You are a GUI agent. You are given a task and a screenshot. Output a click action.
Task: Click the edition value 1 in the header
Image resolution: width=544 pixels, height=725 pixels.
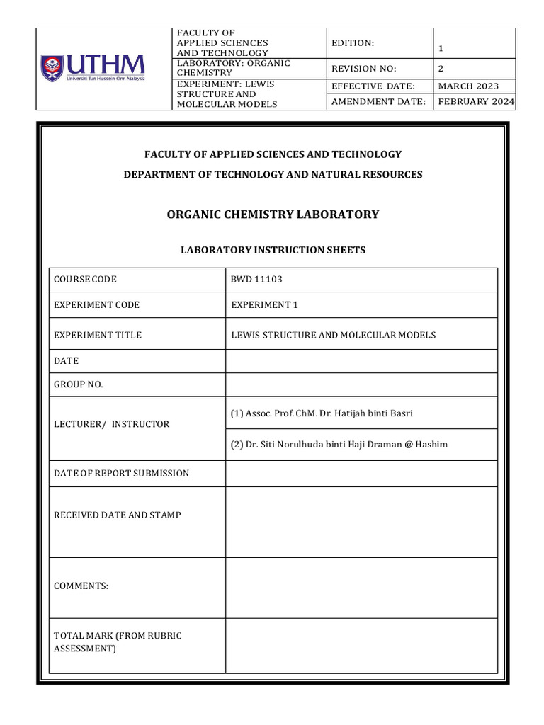tap(441, 49)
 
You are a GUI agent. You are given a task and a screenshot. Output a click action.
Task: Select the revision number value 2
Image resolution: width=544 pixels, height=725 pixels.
tap(441, 69)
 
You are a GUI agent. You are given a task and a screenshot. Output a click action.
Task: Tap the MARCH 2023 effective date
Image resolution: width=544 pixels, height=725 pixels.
tap(468, 86)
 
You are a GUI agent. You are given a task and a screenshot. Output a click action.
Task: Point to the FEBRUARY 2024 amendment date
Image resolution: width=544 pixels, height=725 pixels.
tap(476, 101)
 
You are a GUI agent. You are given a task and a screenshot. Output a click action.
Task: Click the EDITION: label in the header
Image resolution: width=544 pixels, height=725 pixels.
tap(353, 43)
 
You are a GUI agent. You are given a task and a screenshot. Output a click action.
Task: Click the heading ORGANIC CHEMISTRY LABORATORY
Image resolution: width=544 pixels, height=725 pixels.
tap(273, 215)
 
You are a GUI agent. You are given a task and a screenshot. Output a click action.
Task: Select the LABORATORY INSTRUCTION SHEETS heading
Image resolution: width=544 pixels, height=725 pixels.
tap(273, 251)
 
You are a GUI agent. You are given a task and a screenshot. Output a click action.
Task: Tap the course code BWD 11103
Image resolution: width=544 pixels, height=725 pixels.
tap(256, 279)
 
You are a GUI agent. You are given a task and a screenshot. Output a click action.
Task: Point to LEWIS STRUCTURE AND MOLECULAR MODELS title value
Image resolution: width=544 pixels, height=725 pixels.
tap(333, 335)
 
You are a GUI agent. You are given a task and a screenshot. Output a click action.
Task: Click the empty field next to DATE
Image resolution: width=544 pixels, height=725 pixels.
tap(361, 361)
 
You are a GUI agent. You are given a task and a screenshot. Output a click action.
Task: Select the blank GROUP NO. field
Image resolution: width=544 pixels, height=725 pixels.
tap(361, 384)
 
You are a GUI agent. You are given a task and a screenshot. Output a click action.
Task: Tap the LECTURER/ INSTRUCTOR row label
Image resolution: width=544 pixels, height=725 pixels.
tap(112, 424)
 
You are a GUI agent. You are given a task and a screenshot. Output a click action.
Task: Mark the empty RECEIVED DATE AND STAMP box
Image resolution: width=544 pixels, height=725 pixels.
tap(361, 522)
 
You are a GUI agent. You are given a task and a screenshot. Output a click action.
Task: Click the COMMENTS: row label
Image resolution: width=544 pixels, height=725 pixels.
tap(81, 586)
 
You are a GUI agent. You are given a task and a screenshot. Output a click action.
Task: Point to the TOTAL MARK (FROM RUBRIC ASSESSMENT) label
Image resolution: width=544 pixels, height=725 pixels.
tap(118, 641)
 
